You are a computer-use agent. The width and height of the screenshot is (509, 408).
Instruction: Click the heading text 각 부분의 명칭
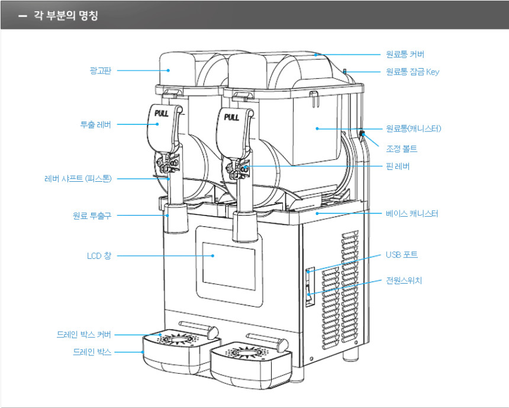tap(66, 15)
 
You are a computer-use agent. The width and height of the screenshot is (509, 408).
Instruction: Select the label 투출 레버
tap(95, 124)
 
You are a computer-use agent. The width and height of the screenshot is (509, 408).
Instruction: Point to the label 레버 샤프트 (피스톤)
tap(78, 178)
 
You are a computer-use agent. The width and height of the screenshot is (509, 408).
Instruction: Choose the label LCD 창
tap(98, 256)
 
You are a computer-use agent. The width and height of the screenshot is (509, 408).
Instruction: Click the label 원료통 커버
tap(405, 54)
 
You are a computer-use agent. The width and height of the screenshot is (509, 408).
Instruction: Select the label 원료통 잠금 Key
tap(412, 72)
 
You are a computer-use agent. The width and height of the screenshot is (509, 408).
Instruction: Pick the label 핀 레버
tap(397, 166)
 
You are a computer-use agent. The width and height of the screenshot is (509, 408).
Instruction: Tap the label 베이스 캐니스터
tap(412, 213)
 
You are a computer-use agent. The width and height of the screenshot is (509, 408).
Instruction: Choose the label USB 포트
tap(401, 255)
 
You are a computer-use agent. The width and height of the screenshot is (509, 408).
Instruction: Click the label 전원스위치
tap(404, 280)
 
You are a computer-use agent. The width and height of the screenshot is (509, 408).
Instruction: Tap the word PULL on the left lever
tap(162, 113)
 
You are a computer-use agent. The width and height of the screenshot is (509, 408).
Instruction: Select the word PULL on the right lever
tap(231, 117)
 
